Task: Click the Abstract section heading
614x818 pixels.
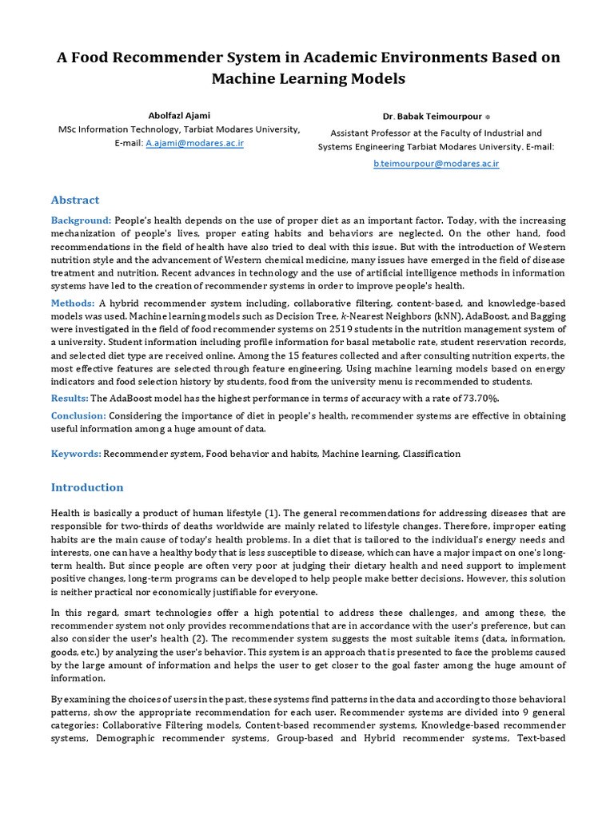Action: point(75,200)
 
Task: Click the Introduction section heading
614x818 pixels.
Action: point(87,487)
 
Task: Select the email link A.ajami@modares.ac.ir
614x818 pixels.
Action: point(194,143)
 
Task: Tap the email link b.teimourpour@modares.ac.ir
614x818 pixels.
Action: point(437,163)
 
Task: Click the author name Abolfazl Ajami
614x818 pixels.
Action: point(179,115)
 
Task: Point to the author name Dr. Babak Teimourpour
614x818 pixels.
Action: point(432,116)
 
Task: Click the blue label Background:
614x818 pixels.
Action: point(81,220)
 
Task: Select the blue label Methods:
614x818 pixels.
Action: point(73,304)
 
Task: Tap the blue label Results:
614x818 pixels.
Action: point(70,398)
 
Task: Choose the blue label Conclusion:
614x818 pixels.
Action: point(78,415)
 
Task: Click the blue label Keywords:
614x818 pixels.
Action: point(76,454)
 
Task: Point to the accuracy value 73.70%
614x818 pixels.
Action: point(484,398)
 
